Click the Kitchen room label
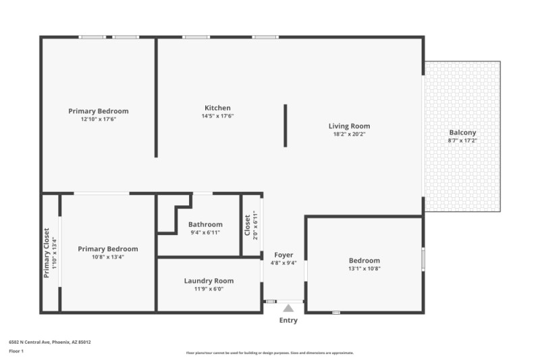[x=217, y=108]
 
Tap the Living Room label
[x=349, y=126]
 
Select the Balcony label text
[x=462, y=133]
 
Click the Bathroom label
[x=205, y=225]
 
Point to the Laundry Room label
[x=209, y=281]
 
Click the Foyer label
[x=283, y=255]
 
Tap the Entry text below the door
[x=288, y=320]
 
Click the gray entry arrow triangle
[x=288, y=308]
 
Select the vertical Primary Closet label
[x=47, y=252]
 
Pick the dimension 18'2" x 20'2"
[x=349, y=134]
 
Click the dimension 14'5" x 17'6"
[x=217, y=116]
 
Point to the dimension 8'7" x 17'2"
[x=462, y=141]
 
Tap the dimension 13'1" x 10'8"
[x=364, y=269]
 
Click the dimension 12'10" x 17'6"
[x=99, y=120]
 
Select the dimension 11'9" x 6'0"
[x=209, y=289]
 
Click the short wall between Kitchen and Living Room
[x=286, y=125]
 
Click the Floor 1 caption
[x=16, y=351]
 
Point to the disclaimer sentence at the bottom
[x=269, y=353]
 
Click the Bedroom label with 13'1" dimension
[x=364, y=261]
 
